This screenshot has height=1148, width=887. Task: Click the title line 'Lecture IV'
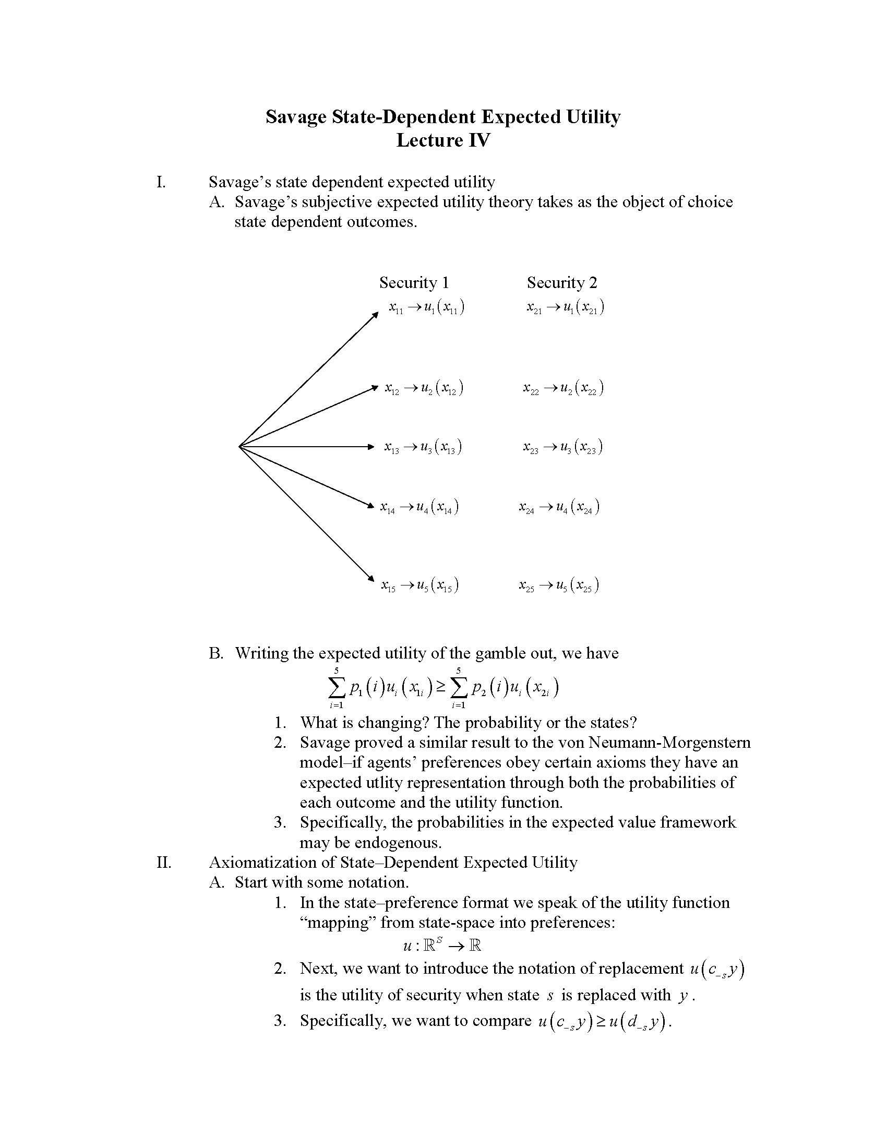pyautogui.click(x=443, y=140)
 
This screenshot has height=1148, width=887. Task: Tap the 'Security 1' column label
pyautogui.click(x=414, y=283)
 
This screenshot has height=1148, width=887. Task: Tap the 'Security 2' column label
pyautogui.click(x=562, y=283)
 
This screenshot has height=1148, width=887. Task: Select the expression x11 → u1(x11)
pyautogui.click(x=427, y=307)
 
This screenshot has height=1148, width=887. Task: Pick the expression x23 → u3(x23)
pyautogui.click(x=562, y=447)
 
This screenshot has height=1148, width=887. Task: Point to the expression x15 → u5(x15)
pyautogui.click(x=420, y=585)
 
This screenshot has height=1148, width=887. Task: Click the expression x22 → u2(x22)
pyautogui.click(x=563, y=388)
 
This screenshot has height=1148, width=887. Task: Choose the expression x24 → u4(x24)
pyautogui.click(x=559, y=507)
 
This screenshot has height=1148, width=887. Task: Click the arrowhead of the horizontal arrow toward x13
pyautogui.click(x=370, y=447)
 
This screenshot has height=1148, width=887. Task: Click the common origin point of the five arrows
pyautogui.click(x=239, y=447)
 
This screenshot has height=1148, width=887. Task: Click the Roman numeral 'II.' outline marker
pyautogui.click(x=164, y=863)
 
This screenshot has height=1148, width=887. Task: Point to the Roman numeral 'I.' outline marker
pyautogui.click(x=161, y=183)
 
